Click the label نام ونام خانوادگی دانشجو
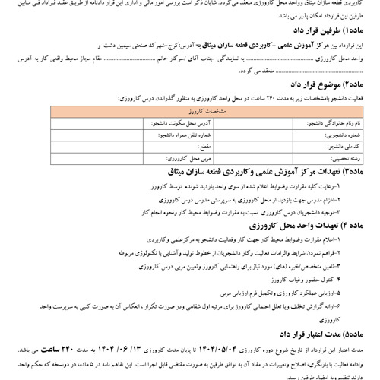coord(334,121)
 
